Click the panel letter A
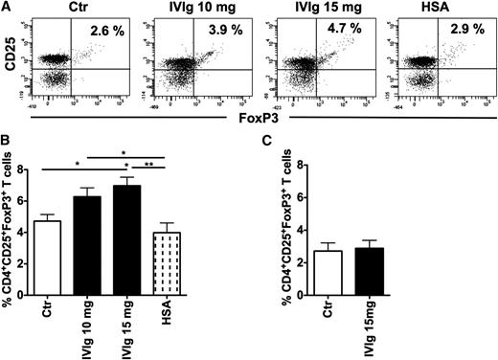(7, 9)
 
